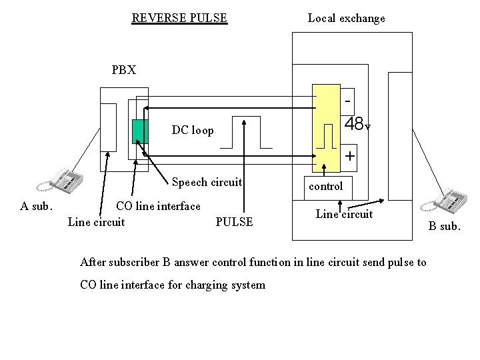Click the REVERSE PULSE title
click(179, 18)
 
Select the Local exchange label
click(346, 18)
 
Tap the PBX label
click(124, 70)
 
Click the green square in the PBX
click(139, 131)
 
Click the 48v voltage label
click(357, 125)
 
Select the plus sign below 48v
click(349, 156)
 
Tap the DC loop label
click(193, 131)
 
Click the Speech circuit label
click(207, 182)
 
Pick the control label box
click(326, 186)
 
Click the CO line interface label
click(158, 206)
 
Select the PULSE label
click(235, 222)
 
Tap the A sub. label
click(36, 206)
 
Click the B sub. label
click(444, 226)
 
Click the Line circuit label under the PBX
click(96, 222)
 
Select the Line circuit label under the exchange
click(344, 214)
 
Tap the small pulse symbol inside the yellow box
click(326, 136)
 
